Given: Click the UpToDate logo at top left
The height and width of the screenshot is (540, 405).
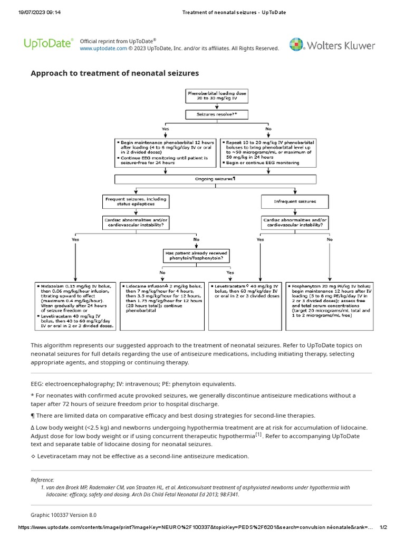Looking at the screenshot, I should tap(49, 44).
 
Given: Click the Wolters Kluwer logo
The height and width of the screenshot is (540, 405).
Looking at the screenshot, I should tap(332, 45).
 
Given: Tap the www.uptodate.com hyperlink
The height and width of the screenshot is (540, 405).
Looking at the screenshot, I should tap(103, 49).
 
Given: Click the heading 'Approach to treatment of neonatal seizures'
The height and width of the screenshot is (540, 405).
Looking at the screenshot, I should tap(115, 73).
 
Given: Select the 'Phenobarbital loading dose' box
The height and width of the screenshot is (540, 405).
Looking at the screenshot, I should tap(217, 95).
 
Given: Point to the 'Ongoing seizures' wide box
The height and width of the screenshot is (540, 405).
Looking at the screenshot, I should tap(216, 179).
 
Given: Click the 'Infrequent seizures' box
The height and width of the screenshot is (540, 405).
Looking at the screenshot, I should tap(295, 201).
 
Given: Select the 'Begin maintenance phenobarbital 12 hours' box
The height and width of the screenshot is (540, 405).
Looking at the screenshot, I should tap(165, 152).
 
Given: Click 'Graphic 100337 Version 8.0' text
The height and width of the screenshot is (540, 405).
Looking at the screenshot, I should tap(64, 515).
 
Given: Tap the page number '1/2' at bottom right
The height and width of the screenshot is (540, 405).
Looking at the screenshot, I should tap(383, 528).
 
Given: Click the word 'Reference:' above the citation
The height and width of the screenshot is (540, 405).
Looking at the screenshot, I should tap(43, 480).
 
